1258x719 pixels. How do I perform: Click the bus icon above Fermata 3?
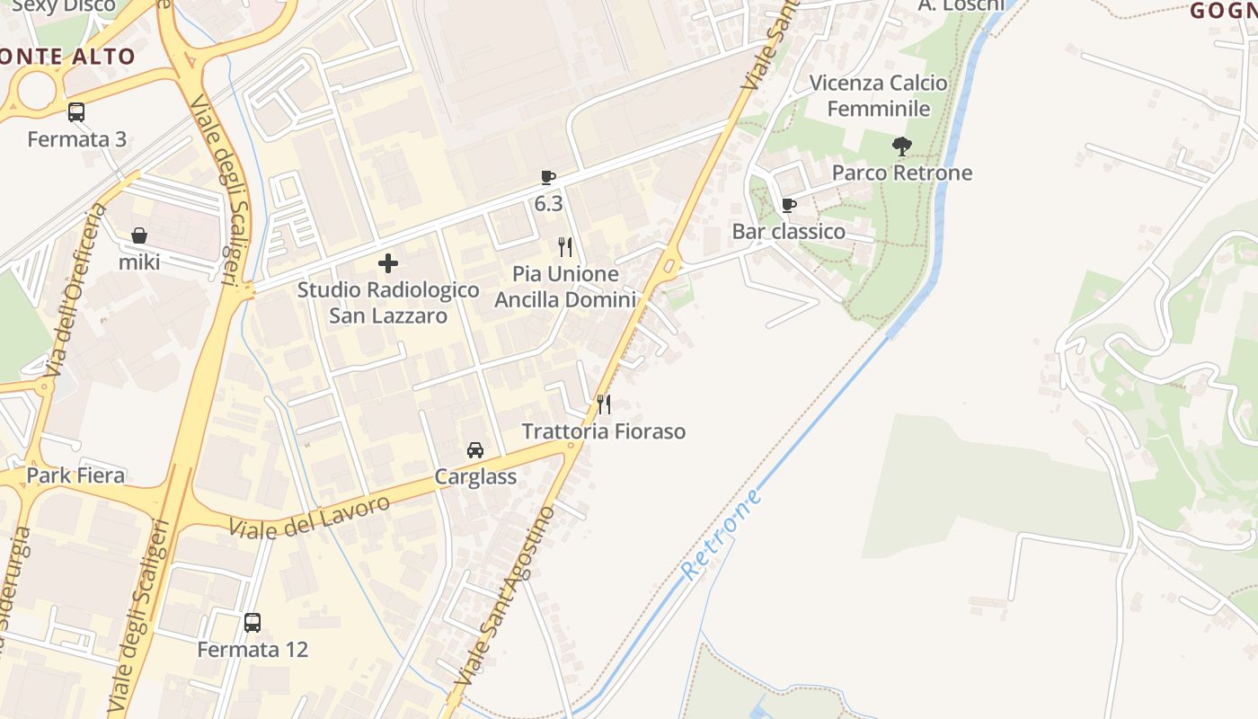76,112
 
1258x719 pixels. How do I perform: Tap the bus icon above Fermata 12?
252,622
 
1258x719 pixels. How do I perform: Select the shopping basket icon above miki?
139,235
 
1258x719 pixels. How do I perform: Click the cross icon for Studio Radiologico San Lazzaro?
388,263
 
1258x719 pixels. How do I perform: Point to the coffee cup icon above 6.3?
548,177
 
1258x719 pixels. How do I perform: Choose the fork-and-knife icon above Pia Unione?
565,247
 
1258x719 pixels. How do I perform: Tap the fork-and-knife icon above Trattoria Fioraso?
604,404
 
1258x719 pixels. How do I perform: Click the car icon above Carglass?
475,450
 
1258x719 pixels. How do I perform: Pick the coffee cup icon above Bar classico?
789,205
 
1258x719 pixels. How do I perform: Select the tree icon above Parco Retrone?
902,146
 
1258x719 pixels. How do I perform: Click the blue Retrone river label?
722,534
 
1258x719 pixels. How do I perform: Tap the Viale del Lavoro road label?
309,516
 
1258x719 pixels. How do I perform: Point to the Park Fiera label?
75,475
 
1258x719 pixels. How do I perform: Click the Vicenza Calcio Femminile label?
878,95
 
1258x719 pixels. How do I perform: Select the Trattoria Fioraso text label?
604,431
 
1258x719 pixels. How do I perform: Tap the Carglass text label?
475,476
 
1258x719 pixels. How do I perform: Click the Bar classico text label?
789,232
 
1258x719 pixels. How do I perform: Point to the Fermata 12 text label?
252,649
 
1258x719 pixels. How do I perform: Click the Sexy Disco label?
65,5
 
